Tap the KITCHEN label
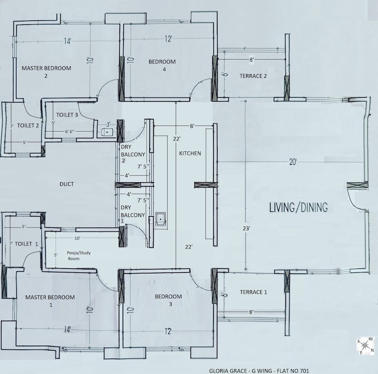click(x=190, y=153)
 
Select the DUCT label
click(x=67, y=184)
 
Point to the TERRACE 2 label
click(x=253, y=76)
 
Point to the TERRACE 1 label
click(x=253, y=292)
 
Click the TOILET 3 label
click(x=67, y=115)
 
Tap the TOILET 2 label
click(x=28, y=125)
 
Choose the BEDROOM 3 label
click(x=168, y=300)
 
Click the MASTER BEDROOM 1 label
click(x=50, y=301)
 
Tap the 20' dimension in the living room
click(x=292, y=162)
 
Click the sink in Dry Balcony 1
click(x=160, y=219)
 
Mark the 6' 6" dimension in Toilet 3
click(x=70, y=131)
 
